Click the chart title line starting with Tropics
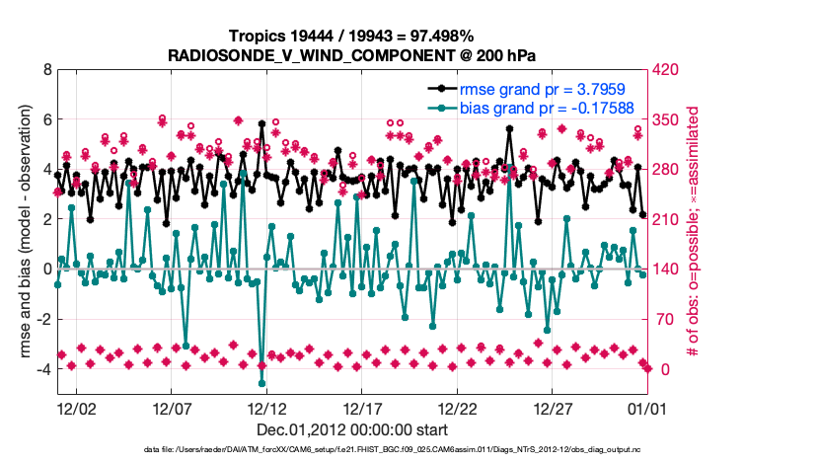click(x=352, y=36)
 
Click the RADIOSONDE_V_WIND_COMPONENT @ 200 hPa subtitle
click(x=352, y=53)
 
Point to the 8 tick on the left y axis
click(x=46, y=70)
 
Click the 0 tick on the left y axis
click(x=46, y=269)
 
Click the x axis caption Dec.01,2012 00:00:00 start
click(x=352, y=429)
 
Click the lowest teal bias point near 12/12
click(x=261, y=383)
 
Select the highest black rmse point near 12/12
click(x=261, y=124)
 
